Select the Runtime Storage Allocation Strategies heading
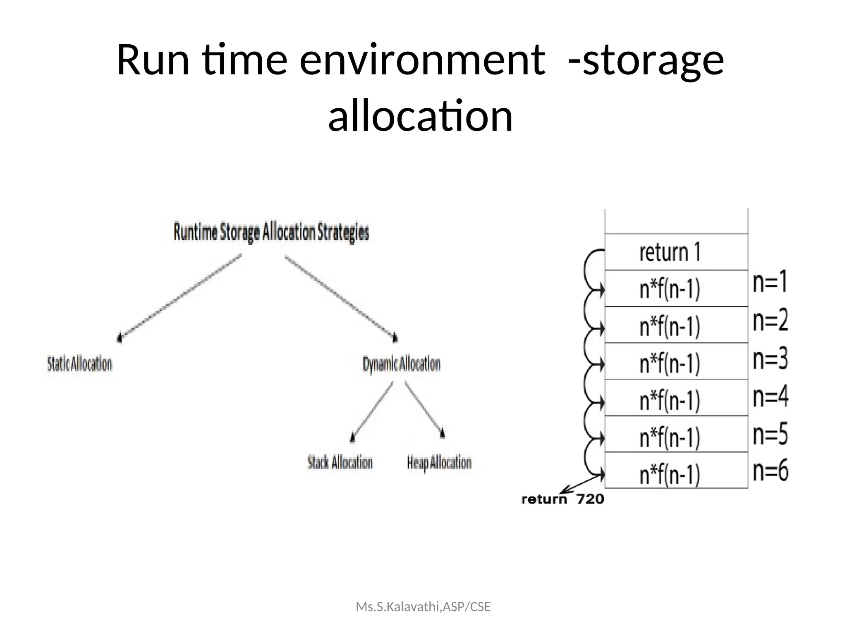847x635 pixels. click(271, 232)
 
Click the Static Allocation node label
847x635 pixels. click(79, 364)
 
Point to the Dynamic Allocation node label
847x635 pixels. click(401, 364)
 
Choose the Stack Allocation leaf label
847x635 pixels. click(340, 462)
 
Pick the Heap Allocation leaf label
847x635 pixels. click(439, 463)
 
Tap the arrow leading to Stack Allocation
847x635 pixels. click(372, 412)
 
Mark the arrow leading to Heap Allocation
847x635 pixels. click(424, 409)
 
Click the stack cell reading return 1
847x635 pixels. click(676, 252)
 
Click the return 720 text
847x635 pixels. click(562, 499)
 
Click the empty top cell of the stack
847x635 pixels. click(676, 222)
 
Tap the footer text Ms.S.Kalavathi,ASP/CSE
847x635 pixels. click(423, 607)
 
